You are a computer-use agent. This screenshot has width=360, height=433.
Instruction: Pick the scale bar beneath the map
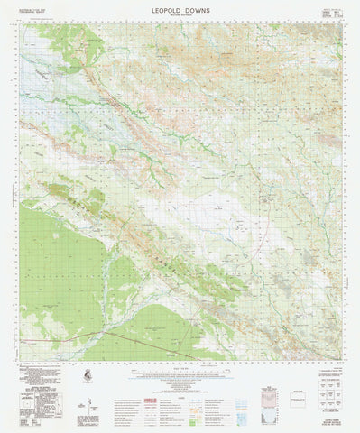pos(180,372)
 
